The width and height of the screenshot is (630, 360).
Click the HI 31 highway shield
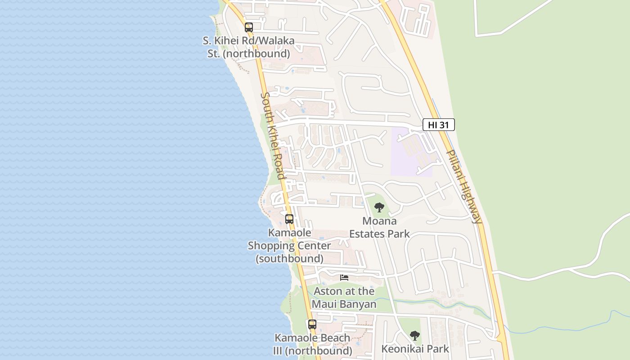coord(438,125)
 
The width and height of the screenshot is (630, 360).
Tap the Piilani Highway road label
coord(464,186)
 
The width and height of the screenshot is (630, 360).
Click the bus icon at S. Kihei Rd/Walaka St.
coord(249,27)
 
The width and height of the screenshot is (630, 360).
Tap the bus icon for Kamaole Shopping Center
coord(289,219)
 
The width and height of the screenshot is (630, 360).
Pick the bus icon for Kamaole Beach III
coord(312,324)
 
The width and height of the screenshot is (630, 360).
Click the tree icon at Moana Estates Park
coord(379,207)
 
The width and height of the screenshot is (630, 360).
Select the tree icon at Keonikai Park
coord(414,336)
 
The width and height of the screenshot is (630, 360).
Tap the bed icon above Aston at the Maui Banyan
coord(344,278)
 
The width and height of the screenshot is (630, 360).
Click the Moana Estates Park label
coord(380,227)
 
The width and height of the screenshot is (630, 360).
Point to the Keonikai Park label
coord(415,349)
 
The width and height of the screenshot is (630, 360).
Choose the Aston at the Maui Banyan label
coord(344,297)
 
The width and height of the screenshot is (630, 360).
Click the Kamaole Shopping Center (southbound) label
coord(289,246)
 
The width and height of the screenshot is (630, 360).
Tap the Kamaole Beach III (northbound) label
coord(312,344)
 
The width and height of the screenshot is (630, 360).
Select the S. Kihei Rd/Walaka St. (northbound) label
coord(248,47)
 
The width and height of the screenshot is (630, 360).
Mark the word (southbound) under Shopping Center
coord(289,259)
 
